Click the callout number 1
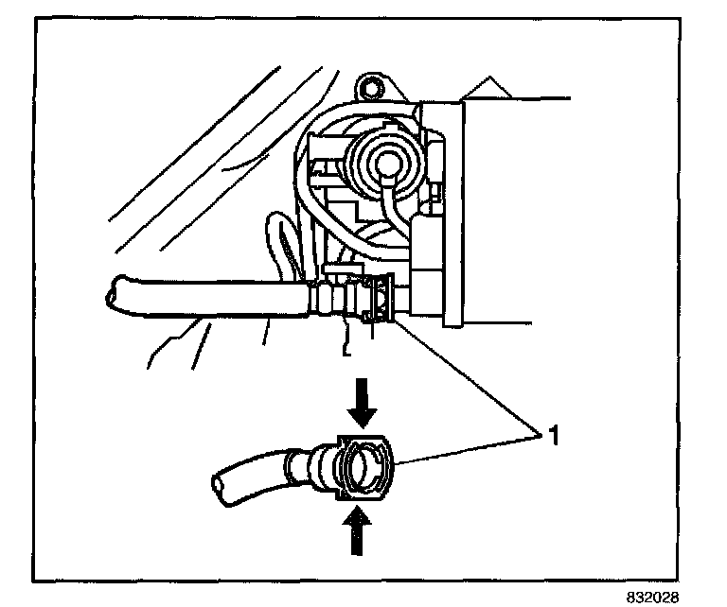tap(548, 437)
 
